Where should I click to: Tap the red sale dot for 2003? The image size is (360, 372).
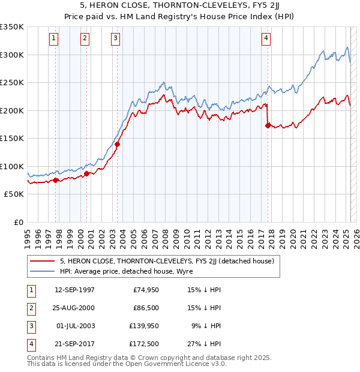[x=118, y=144]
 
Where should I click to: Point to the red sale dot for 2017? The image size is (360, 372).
[x=268, y=125]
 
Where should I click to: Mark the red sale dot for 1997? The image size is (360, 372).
[x=56, y=180]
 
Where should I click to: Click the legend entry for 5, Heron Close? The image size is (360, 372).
[x=167, y=261]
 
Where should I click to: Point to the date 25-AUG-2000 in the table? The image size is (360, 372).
[x=74, y=308]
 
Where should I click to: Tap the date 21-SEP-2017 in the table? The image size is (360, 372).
[x=74, y=344]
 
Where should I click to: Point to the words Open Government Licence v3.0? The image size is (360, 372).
[x=176, y=364]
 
